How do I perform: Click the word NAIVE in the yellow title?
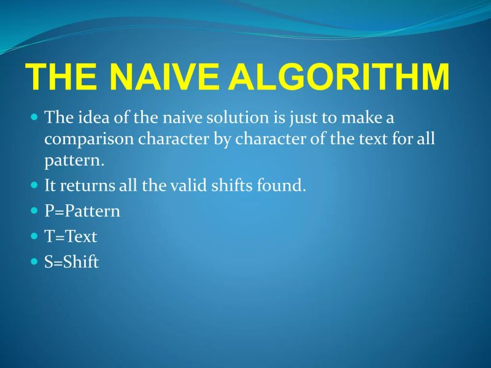pos(165,76)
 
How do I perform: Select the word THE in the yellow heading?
pos(61,76)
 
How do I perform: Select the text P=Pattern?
pos(82,211)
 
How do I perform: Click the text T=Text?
pos(71,236)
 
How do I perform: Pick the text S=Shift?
pos(71,262)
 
